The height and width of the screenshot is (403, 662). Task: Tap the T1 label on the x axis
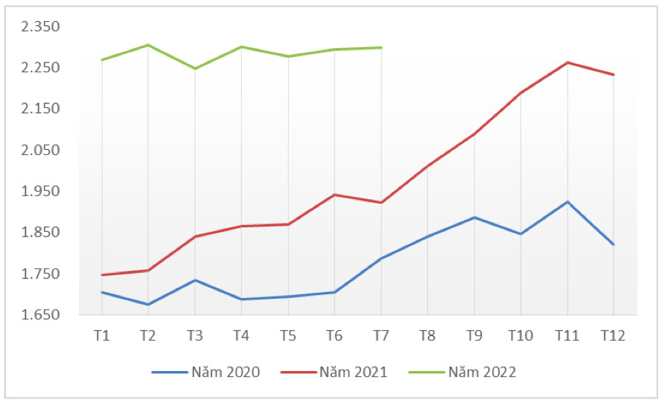(x=101, y=335)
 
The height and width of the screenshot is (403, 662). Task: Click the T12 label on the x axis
(x=613, y=335)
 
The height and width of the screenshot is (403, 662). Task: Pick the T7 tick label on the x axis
(x=381, y=335)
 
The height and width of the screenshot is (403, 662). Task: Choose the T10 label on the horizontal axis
(x=521, y=335)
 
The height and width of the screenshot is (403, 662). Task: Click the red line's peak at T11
(x=567, y=62)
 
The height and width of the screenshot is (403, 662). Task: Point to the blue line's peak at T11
(x=567, y=201)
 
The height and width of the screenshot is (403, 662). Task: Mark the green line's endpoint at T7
(x=381, y=47)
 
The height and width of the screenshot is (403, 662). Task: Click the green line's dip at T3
(x=195, y=68)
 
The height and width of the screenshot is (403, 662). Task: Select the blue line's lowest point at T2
(x=147, y=304)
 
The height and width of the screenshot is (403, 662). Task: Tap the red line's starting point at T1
(x=101, y=274)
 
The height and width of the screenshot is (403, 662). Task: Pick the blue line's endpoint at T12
(x=613, y=244)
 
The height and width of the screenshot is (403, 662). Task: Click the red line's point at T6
(x=334, y=195)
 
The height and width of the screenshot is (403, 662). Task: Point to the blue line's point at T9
(x=474, y=217)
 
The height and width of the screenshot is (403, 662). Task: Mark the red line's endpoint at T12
(x=613, y=75)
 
